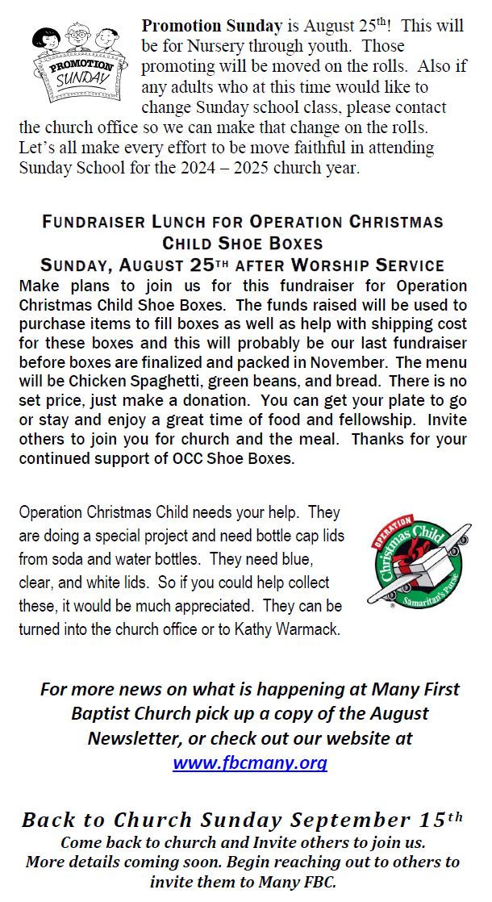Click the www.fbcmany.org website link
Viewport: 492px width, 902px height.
tap(250, 762)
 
